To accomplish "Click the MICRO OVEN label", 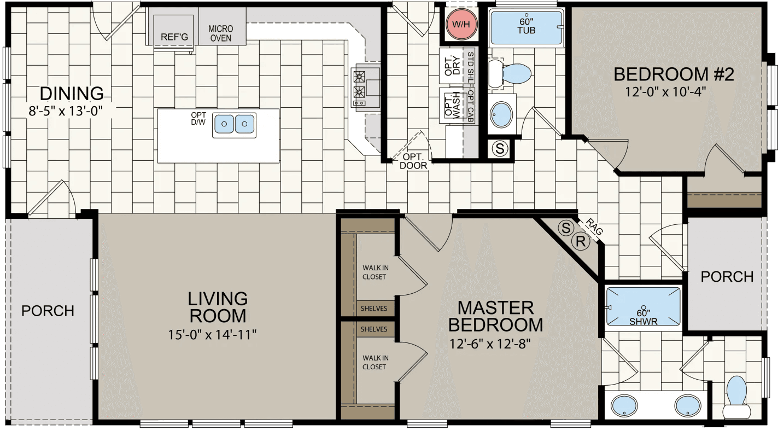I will (x=221, y=33).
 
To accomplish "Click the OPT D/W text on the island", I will (x=198, y=119).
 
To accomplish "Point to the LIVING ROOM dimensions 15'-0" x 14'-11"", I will (x=213, y=333).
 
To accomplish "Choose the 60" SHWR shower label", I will (x=642, y=317).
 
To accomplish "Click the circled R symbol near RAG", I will (x=581, y=241).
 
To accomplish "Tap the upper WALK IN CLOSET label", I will (x=375, y=272).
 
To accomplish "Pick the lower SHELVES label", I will (x=374, y=329).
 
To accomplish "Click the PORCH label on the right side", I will (x=727, y=277).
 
